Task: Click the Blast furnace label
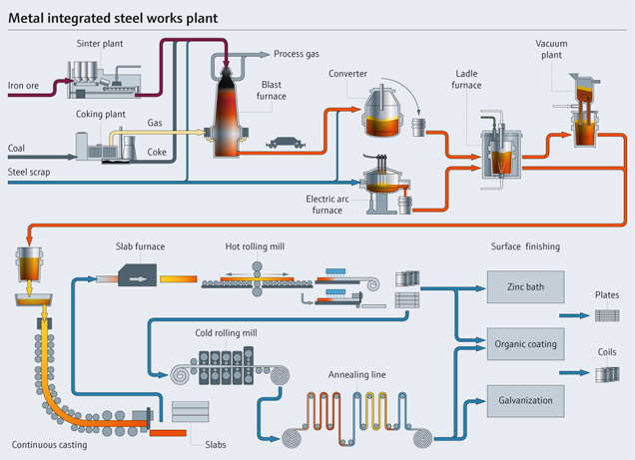273,91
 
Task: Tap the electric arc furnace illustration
379,185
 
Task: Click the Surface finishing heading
526,246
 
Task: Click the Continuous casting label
49,443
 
